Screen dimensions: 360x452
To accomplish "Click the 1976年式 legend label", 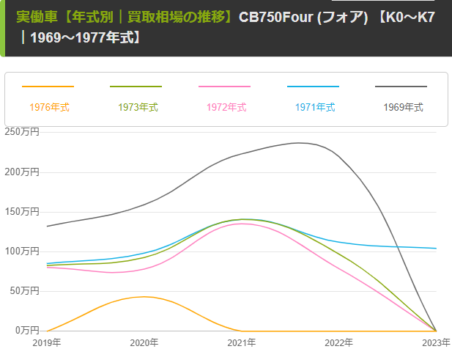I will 49,107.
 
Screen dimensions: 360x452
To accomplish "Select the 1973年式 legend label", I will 138,107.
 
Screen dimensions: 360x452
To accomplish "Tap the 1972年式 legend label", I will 226,107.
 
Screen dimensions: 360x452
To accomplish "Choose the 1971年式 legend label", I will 315,107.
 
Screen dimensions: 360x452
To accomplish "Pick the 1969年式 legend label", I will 404,107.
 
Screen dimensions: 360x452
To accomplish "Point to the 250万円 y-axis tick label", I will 22,132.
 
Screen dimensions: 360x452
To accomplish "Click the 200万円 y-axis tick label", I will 22,172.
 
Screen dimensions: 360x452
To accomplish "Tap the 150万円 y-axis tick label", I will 22,211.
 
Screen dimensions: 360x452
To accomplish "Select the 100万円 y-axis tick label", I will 22,251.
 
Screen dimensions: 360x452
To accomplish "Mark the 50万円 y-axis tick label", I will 24,290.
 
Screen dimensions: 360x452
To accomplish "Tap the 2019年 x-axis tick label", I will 47,342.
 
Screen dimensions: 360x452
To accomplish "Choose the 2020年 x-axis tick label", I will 144,342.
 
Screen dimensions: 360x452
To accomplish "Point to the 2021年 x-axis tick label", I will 242,342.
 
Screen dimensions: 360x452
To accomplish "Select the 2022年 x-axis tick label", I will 339,342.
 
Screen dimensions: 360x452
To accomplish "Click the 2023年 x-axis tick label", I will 435,342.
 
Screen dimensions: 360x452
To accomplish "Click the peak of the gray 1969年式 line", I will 297,143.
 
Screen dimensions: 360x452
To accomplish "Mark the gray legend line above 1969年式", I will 401,87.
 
